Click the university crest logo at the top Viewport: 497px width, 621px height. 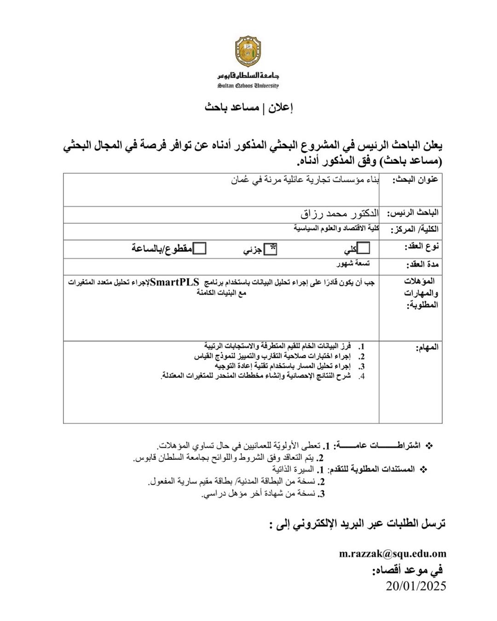click(x=248, y=52)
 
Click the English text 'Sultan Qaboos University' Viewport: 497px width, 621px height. click(x=248, y=86)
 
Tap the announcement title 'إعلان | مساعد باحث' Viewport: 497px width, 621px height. click(x=248, y=108)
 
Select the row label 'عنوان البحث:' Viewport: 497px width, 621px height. click(x=415, y=180)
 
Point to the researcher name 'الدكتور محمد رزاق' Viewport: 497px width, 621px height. click(x=340, y=214)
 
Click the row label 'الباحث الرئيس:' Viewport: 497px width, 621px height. click(x=412, y=213)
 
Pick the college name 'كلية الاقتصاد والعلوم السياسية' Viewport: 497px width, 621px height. click(x=336, y=228)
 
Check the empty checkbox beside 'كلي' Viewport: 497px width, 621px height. click(x=364, y=248)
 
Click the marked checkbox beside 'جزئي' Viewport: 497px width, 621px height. click(x=271, y=249)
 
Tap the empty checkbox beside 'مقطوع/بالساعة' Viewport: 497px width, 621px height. click(x=199, y=249)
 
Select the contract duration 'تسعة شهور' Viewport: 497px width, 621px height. click(x=353, y=263)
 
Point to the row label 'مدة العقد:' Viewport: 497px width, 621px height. click(x=422, y=265)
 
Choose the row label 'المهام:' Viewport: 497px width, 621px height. click(x=427, y=347)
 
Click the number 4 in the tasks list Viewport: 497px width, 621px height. click(x=362, y=377)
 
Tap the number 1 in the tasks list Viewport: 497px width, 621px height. click(x=362, y=346)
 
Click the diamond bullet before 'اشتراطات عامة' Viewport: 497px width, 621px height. click(x=429, y=446)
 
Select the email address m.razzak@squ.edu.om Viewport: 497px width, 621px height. click(x=393, y=554)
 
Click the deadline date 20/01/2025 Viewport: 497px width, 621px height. click(x=416, y=586)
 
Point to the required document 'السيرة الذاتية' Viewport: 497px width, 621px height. click(x=293, y=469)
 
